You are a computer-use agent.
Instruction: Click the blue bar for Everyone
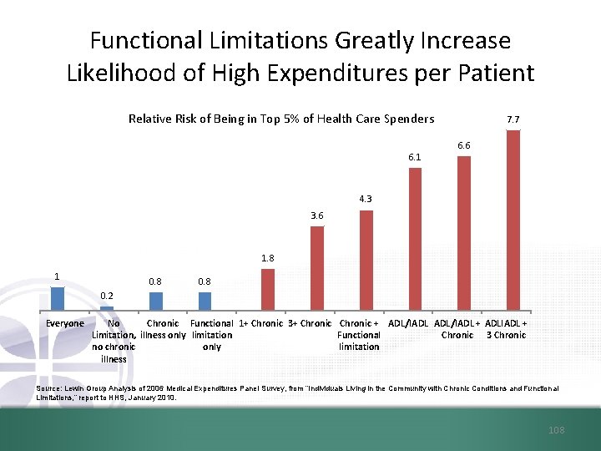pyautogui.click(x=58, y=299)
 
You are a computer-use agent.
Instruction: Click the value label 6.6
pyautogui.click(x=464, y=145)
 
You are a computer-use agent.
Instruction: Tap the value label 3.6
pyautogui.click(x=317, y=215)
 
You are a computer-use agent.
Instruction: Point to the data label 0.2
pyautogui.click(x=107, y=296)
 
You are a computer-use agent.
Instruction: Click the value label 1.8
pyautogui.click(x=267, y=258)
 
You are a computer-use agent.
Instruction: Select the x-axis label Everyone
pyautogui.click(x=65, y=323)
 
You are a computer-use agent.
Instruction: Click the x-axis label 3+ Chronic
pyautogui.click(x=310, y=323)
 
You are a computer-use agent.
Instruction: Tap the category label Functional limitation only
pyautogui.click(x=212, y=335)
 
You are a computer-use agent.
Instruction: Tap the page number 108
pyautogui.click(x=557, y=430)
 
